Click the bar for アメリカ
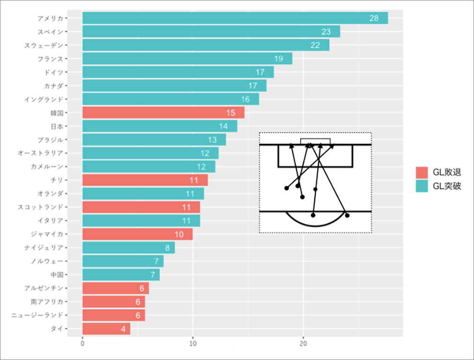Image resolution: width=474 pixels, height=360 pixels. click(235, 18)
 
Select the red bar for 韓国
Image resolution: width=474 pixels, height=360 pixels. click(163, 112)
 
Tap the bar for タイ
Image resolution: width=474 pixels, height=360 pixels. click(106, 329)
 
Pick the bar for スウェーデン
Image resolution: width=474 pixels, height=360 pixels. click(206, 45)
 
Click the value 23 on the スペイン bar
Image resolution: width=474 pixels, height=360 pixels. click(326, 32)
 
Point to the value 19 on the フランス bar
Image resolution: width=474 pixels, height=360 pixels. click(278, 59)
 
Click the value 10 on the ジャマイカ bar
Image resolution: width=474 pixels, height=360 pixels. click(179, 234)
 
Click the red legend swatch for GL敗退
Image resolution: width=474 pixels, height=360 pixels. click(421, 173)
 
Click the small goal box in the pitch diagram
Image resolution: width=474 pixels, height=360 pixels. click(315, 141)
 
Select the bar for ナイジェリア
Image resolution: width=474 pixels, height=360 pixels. click(128, 248)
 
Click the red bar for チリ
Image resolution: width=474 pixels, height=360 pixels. click(145, 180)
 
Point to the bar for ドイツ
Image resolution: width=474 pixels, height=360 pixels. click(178, 72)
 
